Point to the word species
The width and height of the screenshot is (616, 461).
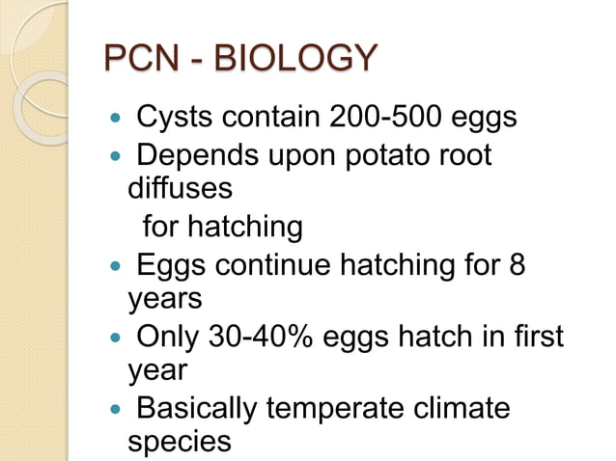click(x=180, y=442)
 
